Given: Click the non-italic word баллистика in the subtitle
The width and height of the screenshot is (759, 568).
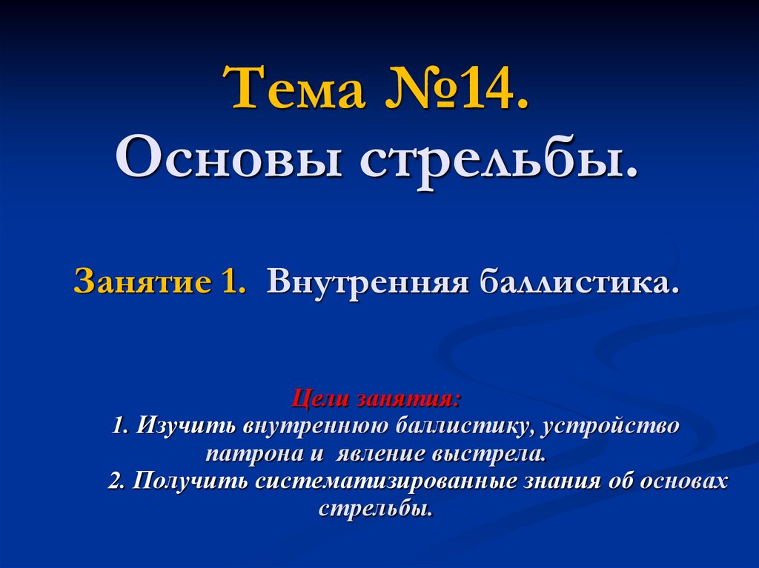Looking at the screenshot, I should click(x=578, y=283).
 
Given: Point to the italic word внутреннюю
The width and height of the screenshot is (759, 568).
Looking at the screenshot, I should click(x=308, y=427).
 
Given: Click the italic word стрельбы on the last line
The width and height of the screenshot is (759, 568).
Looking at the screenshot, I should click(x=376, y=509).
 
